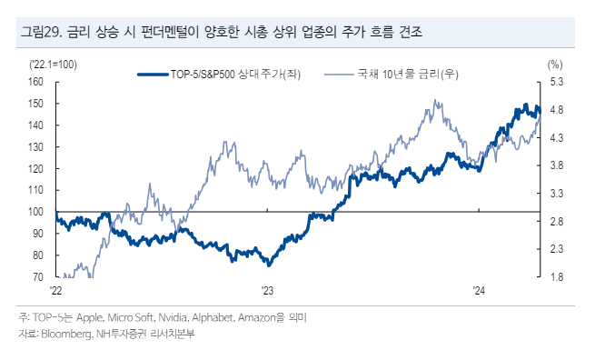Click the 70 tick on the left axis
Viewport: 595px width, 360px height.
point(38,276)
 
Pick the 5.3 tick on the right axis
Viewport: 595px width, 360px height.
point(556,82)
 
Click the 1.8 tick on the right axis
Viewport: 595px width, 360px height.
point(556,276)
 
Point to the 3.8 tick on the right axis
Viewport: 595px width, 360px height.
point(556,165)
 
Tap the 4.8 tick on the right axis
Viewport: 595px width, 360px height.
point(556,110)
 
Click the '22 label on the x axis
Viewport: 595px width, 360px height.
point(55,291)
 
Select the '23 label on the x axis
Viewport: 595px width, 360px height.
point(268,291)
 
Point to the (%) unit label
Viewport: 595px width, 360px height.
point(555,64)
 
